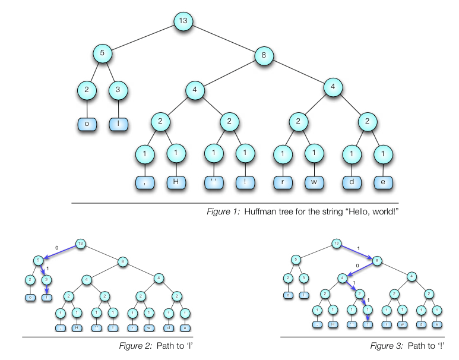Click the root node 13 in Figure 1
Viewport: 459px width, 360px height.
pyautogui.click(x=183, y=22)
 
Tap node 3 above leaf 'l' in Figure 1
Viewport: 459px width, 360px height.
pyautogui.click(x=119, y=91)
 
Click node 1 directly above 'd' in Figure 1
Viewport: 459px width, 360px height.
pyautogui.click(x=352, y=155)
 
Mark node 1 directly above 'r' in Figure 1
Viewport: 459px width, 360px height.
pyautogui.click(x=282, y=155)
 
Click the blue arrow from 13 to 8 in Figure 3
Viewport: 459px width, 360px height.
pyautogui.click(x=358, y=252)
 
